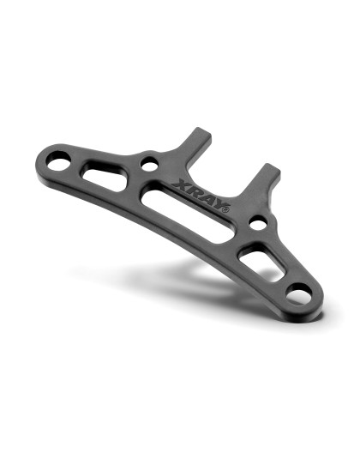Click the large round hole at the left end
tap(58, 159)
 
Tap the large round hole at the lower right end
tap(299, 295)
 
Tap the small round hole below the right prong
tap(258, 223)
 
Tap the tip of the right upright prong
tap(269, 167)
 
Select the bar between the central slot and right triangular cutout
tap(237, 238)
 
